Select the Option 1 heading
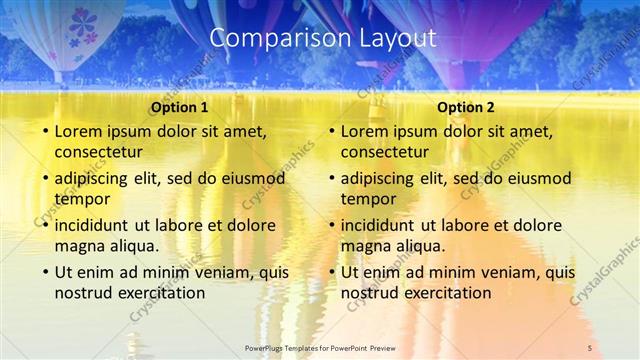tap(180, 108)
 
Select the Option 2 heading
tap(466, 108)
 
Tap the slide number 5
tap(590, 347)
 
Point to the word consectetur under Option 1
tap(98, 153)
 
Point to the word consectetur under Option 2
tap(385, 153)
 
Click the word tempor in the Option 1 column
tap(81, 199)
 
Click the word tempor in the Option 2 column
tap(368, 199)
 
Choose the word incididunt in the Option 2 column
tap(377, 224)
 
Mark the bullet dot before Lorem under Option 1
tap(43, 131)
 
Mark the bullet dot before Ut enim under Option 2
tap(330, 271)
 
